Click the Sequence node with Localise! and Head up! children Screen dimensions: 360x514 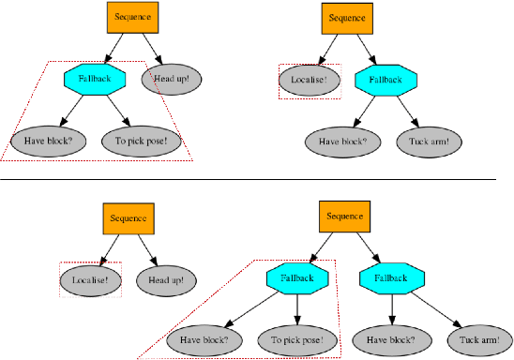tap(128, 218)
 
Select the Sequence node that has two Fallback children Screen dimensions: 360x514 tap(343, 217)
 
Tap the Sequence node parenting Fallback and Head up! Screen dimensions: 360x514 tap(130, 18)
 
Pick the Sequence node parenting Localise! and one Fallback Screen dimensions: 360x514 tap(347, 18)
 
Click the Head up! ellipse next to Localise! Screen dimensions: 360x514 tap(166, 279)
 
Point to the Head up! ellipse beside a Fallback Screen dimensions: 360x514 tap(171, 79)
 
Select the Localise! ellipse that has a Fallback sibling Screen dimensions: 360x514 tap(309, 81)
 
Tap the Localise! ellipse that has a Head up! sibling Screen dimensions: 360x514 tap(90, 279)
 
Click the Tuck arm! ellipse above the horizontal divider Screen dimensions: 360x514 tap(430, 142)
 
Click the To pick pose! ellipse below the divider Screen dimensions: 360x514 tap(296, 339)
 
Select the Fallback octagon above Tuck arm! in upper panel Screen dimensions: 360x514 tap(385, 81)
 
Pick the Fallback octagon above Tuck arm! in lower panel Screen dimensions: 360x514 tap(390, 278)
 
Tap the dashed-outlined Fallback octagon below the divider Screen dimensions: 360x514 tap(296, 278)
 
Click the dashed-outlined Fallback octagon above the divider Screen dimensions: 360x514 tap(95, 79)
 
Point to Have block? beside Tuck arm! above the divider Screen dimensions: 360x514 tap(341, 142)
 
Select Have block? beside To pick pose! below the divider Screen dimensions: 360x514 tap(204, 339)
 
